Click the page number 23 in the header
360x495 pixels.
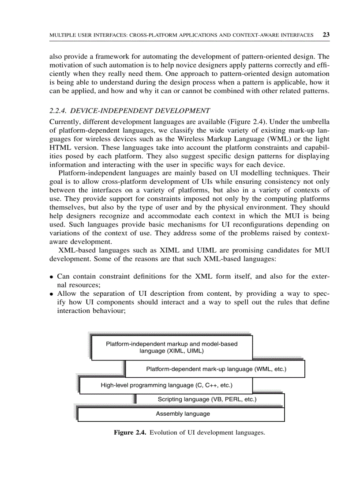pos(326,34)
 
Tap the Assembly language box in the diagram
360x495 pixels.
pos(183,414)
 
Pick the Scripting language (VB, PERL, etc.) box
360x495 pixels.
pos(207,399)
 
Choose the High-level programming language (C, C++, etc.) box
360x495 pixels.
pos(166,385)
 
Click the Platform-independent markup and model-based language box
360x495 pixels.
pos(172,348)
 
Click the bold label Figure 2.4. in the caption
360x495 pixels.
pos(130,433)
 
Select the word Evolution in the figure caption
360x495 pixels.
pos(164,433)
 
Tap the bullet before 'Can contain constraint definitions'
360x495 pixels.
pos(52,277)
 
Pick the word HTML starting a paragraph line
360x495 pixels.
pos(58,146)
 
